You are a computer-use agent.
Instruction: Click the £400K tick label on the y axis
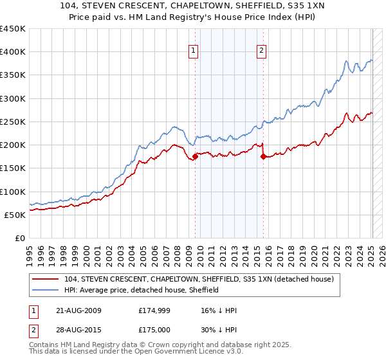(12, 52)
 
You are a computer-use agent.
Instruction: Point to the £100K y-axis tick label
(12, 192)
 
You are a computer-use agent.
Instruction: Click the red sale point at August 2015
(263, 156)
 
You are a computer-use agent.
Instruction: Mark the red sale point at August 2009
(195, 156)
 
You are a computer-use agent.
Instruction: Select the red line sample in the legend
(45, 280)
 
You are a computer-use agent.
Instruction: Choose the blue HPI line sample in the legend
(45, 290)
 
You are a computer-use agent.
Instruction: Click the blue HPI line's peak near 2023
(346, 62)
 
